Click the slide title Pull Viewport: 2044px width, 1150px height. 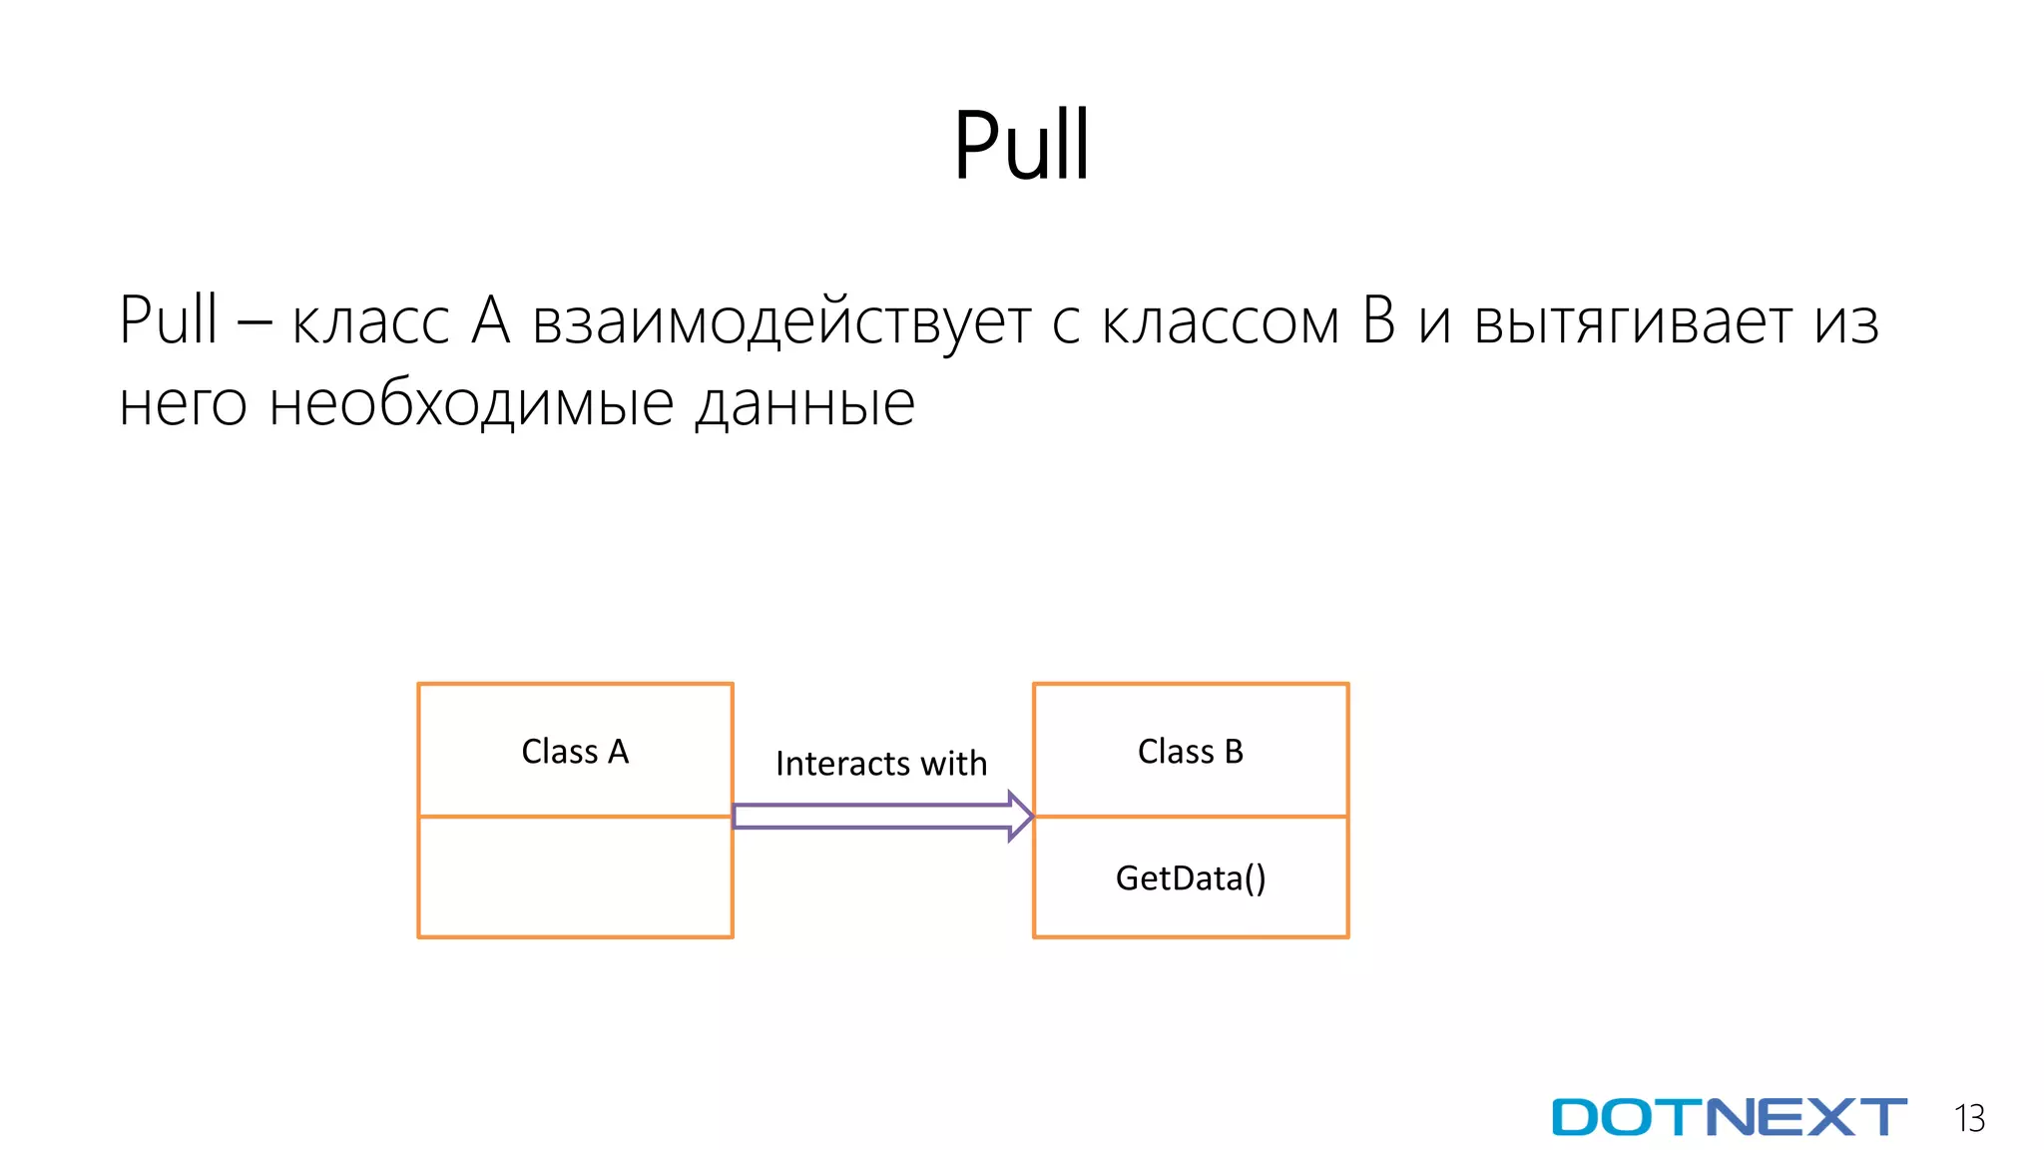coord(1021,146)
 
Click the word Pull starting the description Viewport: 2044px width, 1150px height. coord(168,321)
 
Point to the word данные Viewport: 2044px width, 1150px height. coord(804,405)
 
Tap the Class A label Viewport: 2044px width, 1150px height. coord(575,751)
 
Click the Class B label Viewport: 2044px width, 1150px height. coord(1190,751)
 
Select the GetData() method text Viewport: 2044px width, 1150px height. coord(1190,877)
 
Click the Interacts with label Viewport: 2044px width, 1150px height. coord(880,763)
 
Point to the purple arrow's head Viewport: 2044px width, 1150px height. coord(1019,816)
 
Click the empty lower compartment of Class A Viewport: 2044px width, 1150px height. coord(575,876)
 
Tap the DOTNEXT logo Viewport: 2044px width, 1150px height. coord(1729,1117)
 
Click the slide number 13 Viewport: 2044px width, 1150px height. coord(1969,1118)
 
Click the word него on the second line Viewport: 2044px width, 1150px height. coord(183,405)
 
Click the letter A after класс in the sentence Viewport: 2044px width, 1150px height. coord(491,321)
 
